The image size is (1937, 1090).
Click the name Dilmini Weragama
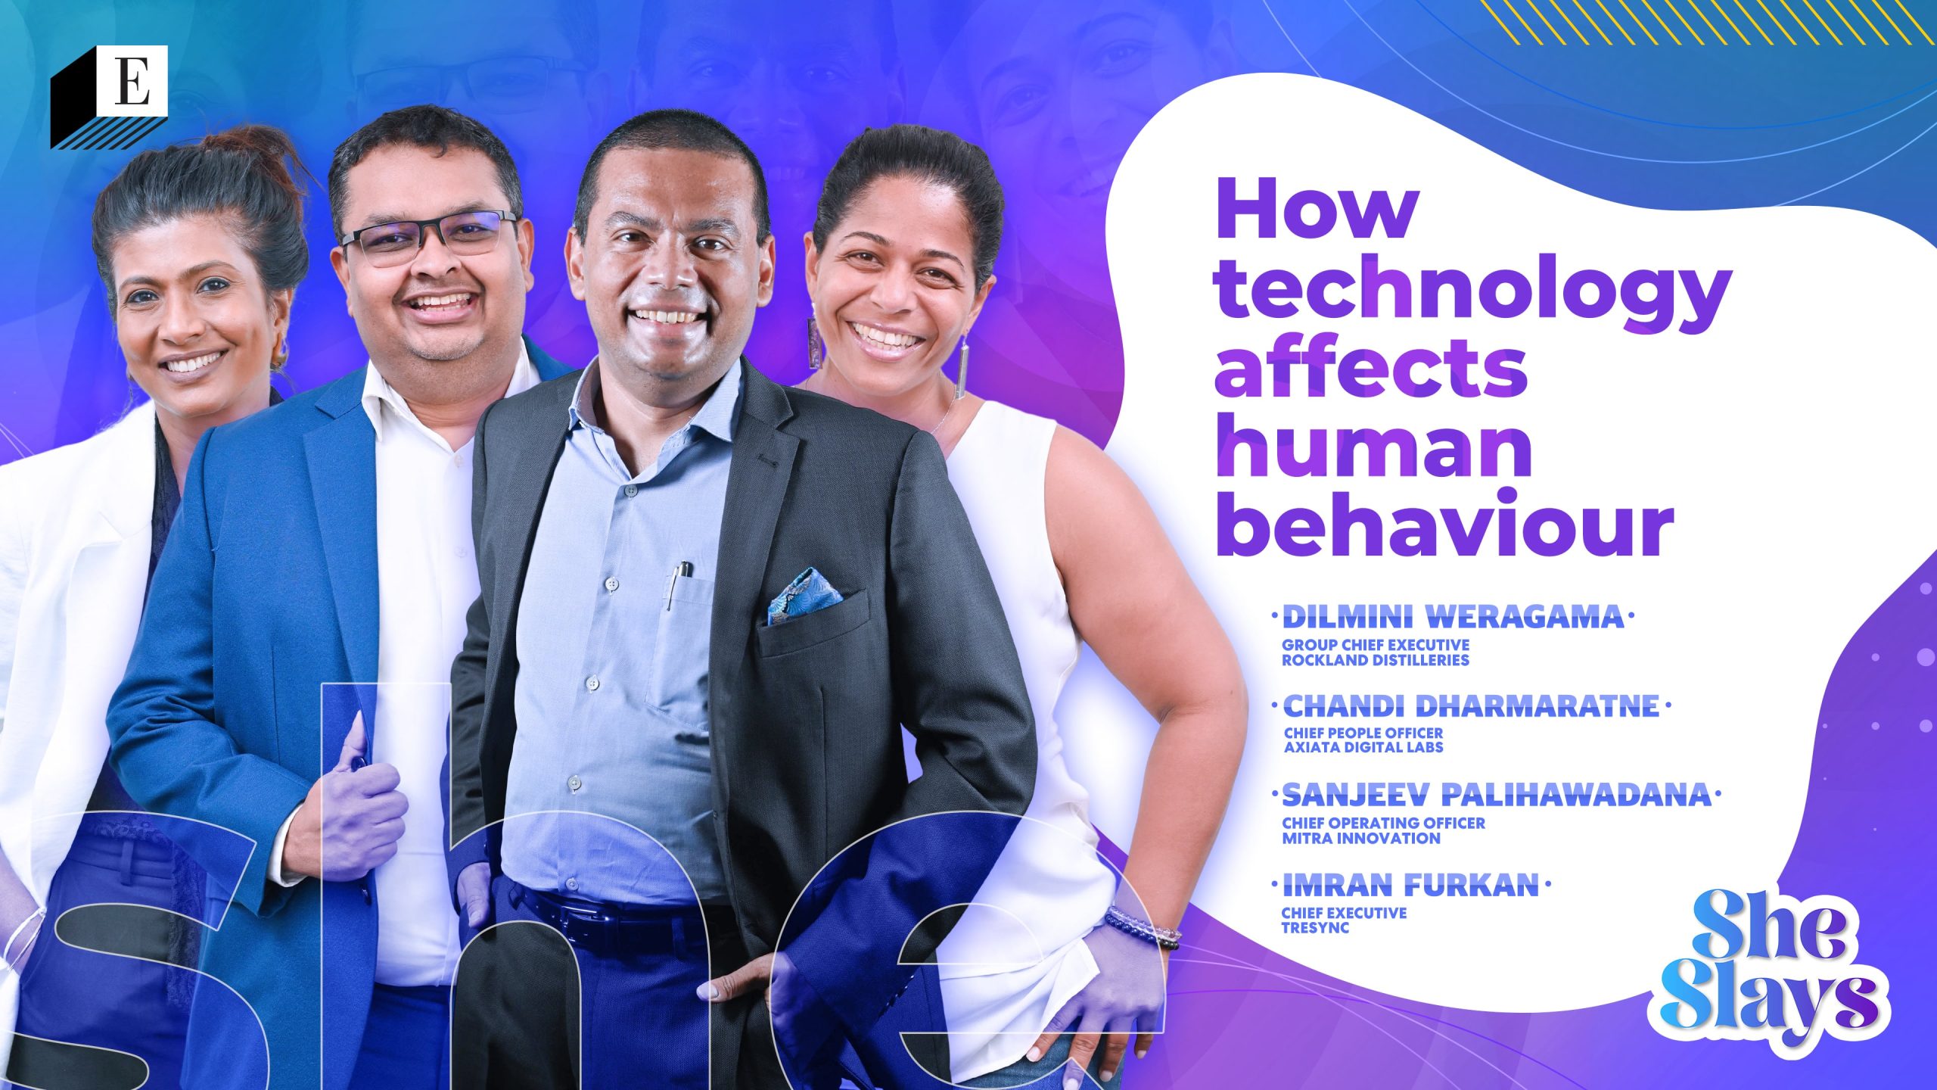(x=1453, y=618)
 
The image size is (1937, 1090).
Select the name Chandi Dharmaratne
(x=1471, y=706)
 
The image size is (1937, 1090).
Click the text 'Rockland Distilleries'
(x=1375, y=660)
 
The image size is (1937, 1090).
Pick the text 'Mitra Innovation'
(x=1350, y=838)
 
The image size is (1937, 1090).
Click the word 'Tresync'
(x=1304, y=927)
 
